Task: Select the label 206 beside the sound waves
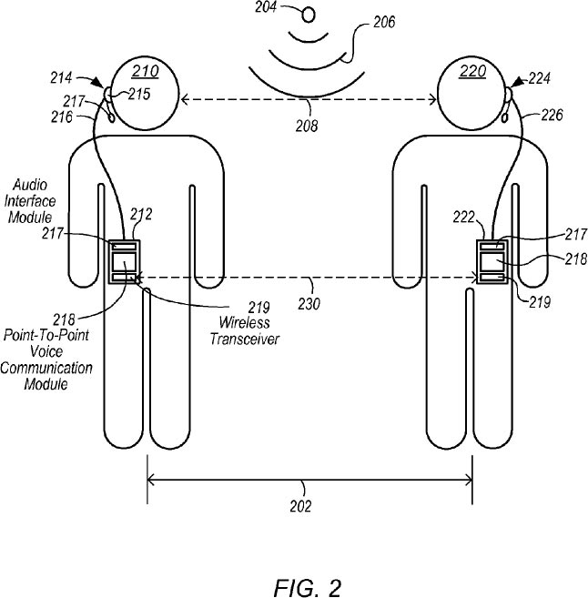click(x=382, y=23)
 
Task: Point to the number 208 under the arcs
click(x=307, y=127)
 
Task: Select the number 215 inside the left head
click(x=138, y=93)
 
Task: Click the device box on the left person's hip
click(x=123, y=263)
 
